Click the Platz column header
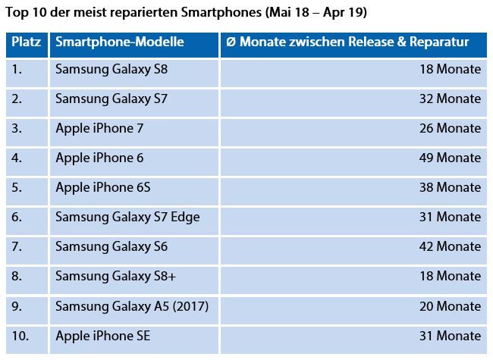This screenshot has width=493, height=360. [x=26, y=43]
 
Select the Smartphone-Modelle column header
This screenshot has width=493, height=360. [x=119, y=43]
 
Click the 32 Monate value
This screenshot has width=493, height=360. [x=449, y=99]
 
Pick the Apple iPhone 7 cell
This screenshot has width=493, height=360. [x=99, y=128]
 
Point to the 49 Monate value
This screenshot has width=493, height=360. [x=449, y=158]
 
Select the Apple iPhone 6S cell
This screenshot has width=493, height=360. [x=103, y=187]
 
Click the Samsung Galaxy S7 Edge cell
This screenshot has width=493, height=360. [x=127, y=217]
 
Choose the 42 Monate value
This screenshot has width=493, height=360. [x=449, y=246]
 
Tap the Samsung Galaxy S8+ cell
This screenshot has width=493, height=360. [x=116, y=276]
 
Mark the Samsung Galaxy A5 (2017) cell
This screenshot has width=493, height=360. [x=132, y=305]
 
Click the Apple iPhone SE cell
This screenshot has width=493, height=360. [x=103, y=335]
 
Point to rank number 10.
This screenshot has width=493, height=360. [x=20, y=335]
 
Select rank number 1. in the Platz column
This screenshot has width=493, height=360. [x=17, y=69]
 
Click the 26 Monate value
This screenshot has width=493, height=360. [x=449, y=128]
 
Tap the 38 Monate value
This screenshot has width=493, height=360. [x=449, y=187]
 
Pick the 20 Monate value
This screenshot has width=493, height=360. [x=449, y=305]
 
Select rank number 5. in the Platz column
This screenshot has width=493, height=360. [x=17, y=187]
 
